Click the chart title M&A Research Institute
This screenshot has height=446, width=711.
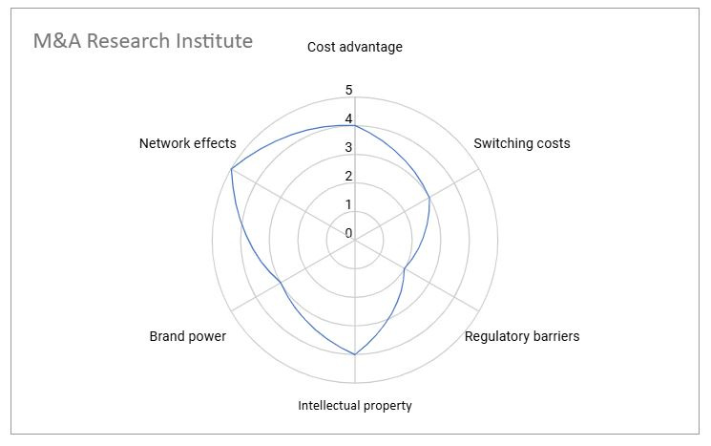(143, 41)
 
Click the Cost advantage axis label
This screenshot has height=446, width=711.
(355, 47)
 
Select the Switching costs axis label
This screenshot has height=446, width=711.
(522, 143)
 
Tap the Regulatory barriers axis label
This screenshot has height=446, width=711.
(522, 336)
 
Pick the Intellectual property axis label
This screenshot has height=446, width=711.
(355, 406)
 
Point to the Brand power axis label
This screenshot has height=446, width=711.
(188, 336)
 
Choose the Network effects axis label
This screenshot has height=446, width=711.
(187, 143)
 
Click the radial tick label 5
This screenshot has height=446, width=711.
(348, 91)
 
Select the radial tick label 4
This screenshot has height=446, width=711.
(348, 119)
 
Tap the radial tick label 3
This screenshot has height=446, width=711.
(348, 148)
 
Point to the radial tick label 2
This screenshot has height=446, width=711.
(348, 177)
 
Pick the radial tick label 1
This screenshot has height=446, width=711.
(348, 205)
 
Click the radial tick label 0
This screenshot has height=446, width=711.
(348, 233)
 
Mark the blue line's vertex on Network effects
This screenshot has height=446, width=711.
(231, 169)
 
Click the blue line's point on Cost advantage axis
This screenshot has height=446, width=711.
(355, 126)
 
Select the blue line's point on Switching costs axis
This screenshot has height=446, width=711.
(429, 198)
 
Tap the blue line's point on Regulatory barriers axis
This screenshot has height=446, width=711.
(405, 269)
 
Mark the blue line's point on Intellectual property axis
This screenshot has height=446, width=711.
(355, 355)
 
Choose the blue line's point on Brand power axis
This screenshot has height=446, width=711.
(281, 284)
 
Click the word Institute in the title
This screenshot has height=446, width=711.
(211, 41)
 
